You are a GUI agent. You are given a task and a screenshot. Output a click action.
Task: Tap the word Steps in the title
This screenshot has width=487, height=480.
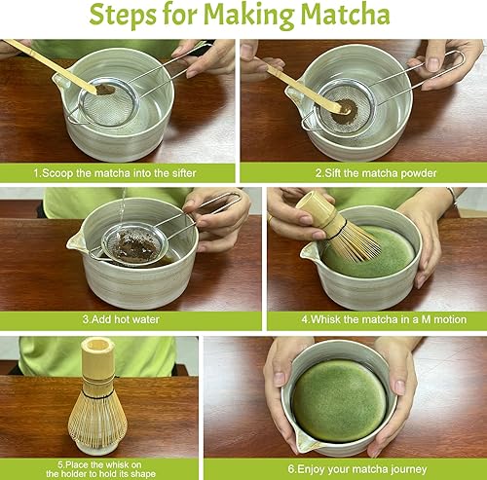pos(123,16)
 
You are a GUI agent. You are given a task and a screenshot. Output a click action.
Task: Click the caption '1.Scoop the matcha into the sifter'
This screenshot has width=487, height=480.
pos(115,173)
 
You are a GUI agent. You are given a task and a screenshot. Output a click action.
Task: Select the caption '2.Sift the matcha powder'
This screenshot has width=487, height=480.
pos(376,173)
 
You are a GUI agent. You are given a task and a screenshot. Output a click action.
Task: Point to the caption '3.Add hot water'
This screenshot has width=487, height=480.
pos(121,319)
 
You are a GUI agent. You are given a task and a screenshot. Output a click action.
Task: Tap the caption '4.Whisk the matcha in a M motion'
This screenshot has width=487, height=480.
pos(384,319)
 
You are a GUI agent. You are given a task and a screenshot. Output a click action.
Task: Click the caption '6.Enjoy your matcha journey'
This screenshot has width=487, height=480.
pos(357,469)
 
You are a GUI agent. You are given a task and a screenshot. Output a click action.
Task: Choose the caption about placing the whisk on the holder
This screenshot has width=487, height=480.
pos(100,469)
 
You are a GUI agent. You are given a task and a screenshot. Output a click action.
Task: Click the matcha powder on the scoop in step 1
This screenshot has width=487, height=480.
pos(105,90)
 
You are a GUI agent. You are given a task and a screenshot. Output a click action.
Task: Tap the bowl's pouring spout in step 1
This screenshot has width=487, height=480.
pos(60,81)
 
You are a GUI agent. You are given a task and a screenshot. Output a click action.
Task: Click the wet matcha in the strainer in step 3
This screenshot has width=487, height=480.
pos(136,246)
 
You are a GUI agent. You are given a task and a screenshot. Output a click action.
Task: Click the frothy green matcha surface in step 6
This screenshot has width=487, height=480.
pos(340,401)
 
